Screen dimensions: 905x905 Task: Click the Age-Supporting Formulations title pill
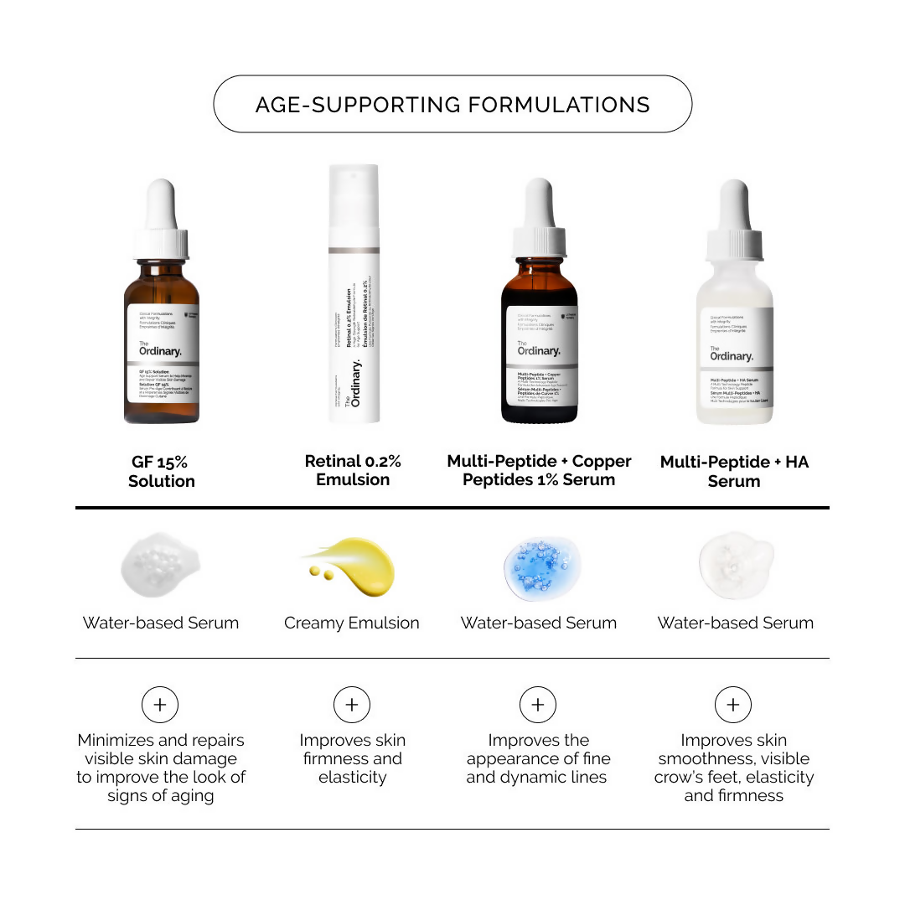(x=452, y=104)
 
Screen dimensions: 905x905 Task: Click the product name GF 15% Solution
(x=161, y=471)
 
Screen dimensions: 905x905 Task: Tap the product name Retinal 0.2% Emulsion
(x=353, y=470)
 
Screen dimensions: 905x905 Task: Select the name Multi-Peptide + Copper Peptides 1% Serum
(x=539, y=470)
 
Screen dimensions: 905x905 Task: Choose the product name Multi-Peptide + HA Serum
(x=734, y=471)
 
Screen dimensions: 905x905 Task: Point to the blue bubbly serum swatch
(x=538, y=568)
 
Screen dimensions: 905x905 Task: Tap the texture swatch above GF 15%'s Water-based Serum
(x=160, y=566)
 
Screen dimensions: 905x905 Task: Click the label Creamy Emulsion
(x=352, y=623)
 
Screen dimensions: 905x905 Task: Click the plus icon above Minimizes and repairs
(x=160, y=705)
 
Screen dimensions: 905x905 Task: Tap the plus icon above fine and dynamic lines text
(x=538, y=705)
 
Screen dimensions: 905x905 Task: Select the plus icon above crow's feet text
(x=733, y=705)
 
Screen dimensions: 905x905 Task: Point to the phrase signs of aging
(x=160, y=795)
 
